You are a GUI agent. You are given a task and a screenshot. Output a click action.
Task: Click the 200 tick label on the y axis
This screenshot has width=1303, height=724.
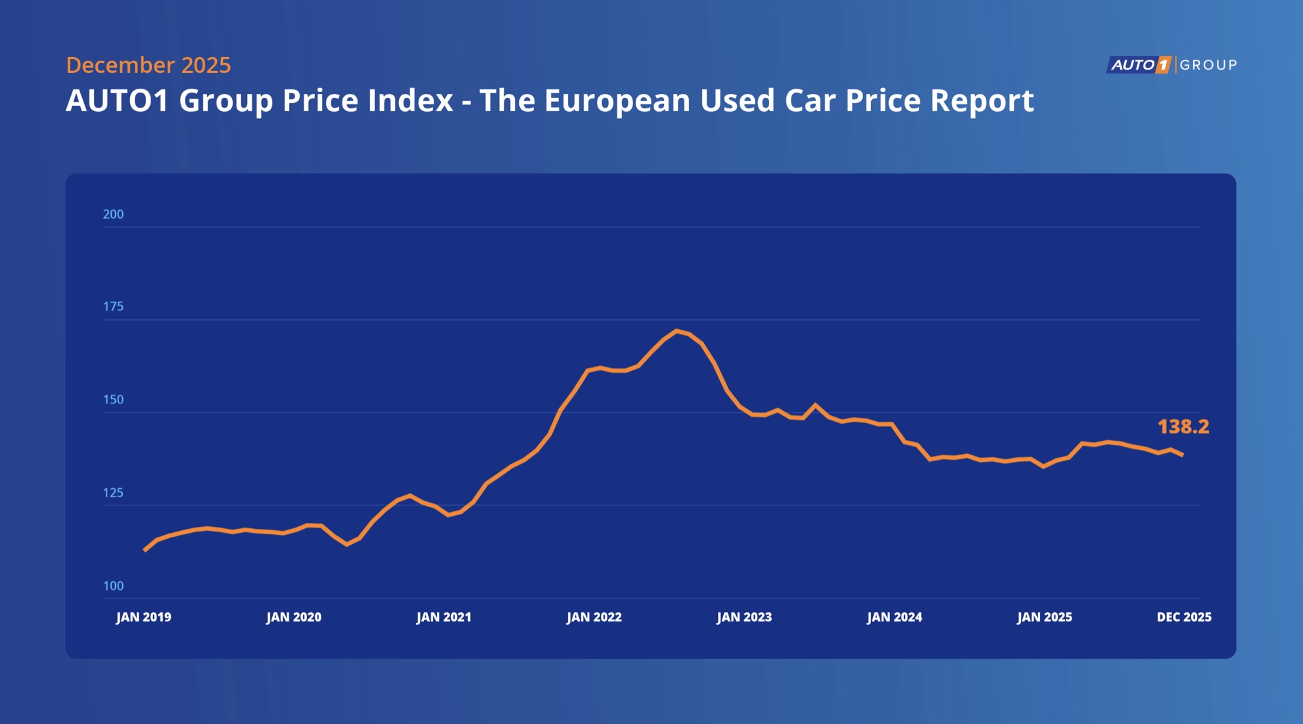coord(113,214)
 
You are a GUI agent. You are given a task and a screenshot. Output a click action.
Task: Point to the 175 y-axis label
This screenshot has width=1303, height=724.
coord(113,306)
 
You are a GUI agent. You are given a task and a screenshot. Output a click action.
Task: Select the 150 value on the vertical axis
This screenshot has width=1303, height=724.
coord(113,399)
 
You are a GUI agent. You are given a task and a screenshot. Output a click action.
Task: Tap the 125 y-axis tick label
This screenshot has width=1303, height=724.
coord(113,493)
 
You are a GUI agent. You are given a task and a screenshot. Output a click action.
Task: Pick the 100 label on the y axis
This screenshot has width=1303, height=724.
coord(113,586)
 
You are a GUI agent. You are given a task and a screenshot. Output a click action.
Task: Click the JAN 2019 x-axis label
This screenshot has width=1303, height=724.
coord(143,618)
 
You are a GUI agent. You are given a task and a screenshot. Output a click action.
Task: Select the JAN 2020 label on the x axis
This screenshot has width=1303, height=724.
coord(294,618)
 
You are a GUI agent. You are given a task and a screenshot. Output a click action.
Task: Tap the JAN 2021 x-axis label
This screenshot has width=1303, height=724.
coord(444,618)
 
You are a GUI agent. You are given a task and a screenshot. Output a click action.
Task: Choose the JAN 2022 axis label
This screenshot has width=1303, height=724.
coord(594,618)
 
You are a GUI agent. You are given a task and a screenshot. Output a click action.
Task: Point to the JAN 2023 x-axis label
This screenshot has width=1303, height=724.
coord(744,618)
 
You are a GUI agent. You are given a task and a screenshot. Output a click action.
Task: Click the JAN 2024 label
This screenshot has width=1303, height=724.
coord(895,618)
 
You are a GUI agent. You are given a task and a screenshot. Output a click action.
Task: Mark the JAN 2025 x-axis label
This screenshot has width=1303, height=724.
coord(1045,618)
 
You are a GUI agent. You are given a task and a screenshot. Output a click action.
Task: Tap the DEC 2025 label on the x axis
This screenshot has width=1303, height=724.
coord(1184,618)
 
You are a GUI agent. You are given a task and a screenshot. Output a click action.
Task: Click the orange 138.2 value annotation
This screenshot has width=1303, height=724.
coord(1183,427)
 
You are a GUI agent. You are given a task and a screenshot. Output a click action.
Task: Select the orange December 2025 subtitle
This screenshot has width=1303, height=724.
coord(149,65)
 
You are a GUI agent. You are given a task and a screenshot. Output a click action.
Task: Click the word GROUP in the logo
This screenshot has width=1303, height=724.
coord(1208,65)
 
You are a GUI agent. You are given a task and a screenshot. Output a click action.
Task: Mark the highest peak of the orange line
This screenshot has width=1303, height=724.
coord(676,330)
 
